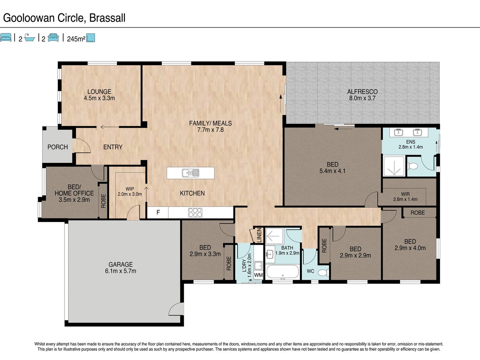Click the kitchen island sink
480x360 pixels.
click(x=190, y=173)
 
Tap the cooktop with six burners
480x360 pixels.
click(x=195, y=212)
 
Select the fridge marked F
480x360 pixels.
click(x=158, y=212)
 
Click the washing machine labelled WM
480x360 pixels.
click(x=258, y=275)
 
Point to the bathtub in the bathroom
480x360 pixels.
click(x=283, y=272)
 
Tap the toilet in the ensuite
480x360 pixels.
click(x=412, y=166)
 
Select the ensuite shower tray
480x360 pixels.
click(x=394, y=166)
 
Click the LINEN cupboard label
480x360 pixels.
click(x=259, y=235)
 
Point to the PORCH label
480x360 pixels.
click(x=58, y=147)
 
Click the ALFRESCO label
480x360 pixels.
click(x=362, y=92)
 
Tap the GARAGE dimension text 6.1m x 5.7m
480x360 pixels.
click(x=121, y=271)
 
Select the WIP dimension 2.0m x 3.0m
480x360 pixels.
click(x=130, y=194)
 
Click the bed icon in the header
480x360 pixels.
click(x=6, y=37)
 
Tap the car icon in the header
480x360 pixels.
click(x=53, y=37)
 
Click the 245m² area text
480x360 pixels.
click(x=76, y=39)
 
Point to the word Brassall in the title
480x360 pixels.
click(x=107, y=18)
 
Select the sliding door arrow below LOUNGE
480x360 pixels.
click(x=109, y=127)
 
